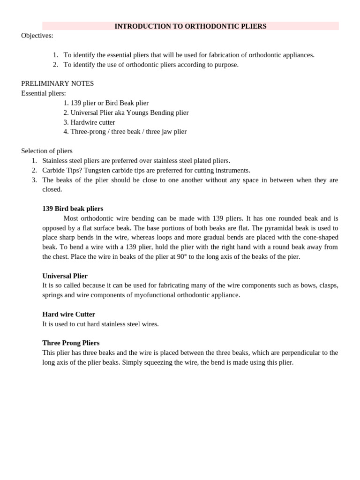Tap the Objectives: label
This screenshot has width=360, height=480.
click(x=37, y=36)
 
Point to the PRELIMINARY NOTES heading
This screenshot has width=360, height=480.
click(x=57, y=83)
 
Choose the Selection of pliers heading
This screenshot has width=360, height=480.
click(x=46, y=151)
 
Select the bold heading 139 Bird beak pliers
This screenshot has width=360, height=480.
click(x=73, y=209)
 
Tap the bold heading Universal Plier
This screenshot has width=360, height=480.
click(x=65, y=276)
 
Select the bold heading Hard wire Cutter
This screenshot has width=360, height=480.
click(x=68, y=314)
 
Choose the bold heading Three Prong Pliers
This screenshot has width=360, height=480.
click(x=71, y=343)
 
